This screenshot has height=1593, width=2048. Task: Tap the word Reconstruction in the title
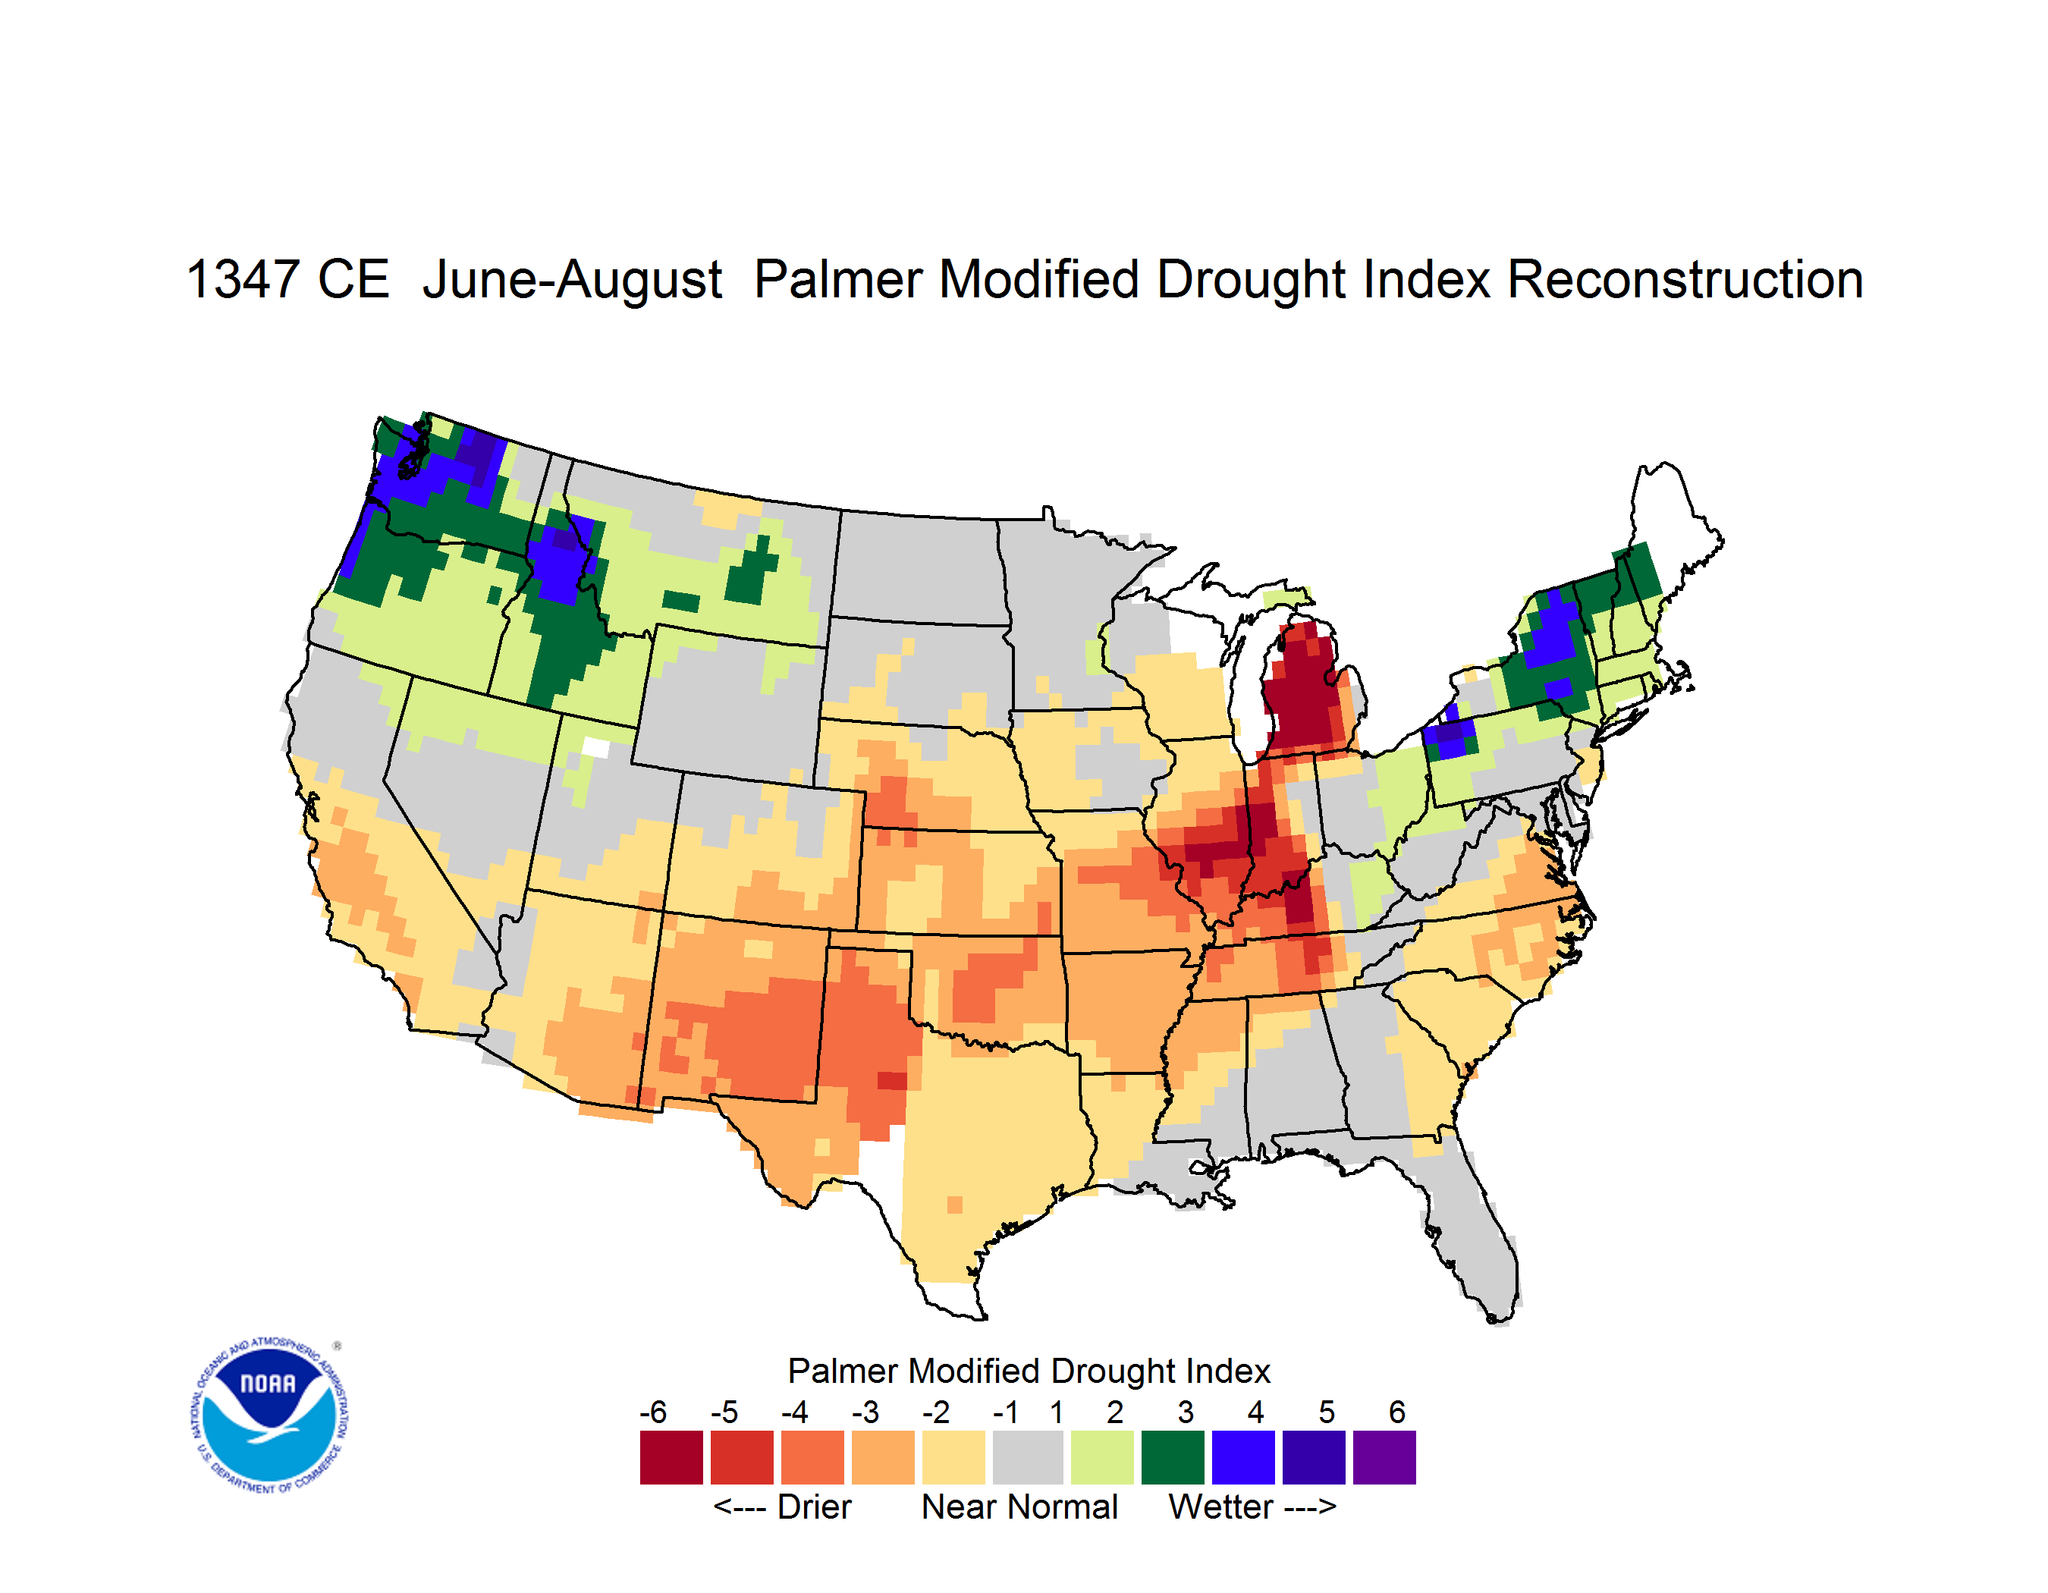(1684, 279)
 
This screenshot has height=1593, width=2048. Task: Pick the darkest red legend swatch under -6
(671, 1457)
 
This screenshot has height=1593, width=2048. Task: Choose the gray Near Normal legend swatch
(1027, 1457)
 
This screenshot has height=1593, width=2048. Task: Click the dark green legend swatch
(1172, 1457)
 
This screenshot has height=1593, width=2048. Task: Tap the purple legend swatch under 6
(1384, 1457)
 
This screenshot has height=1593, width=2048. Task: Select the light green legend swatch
(1102, 1457)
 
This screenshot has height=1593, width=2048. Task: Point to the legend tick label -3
(865, 1412)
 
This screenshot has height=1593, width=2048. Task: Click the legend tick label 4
(1255, 1412)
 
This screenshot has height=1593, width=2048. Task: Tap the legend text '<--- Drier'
(782, 1507)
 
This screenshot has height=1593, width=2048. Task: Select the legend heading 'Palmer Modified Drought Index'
(1029, 1371)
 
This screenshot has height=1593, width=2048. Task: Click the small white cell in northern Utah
(595, 747)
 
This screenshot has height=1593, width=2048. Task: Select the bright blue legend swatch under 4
(1243, 1457)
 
